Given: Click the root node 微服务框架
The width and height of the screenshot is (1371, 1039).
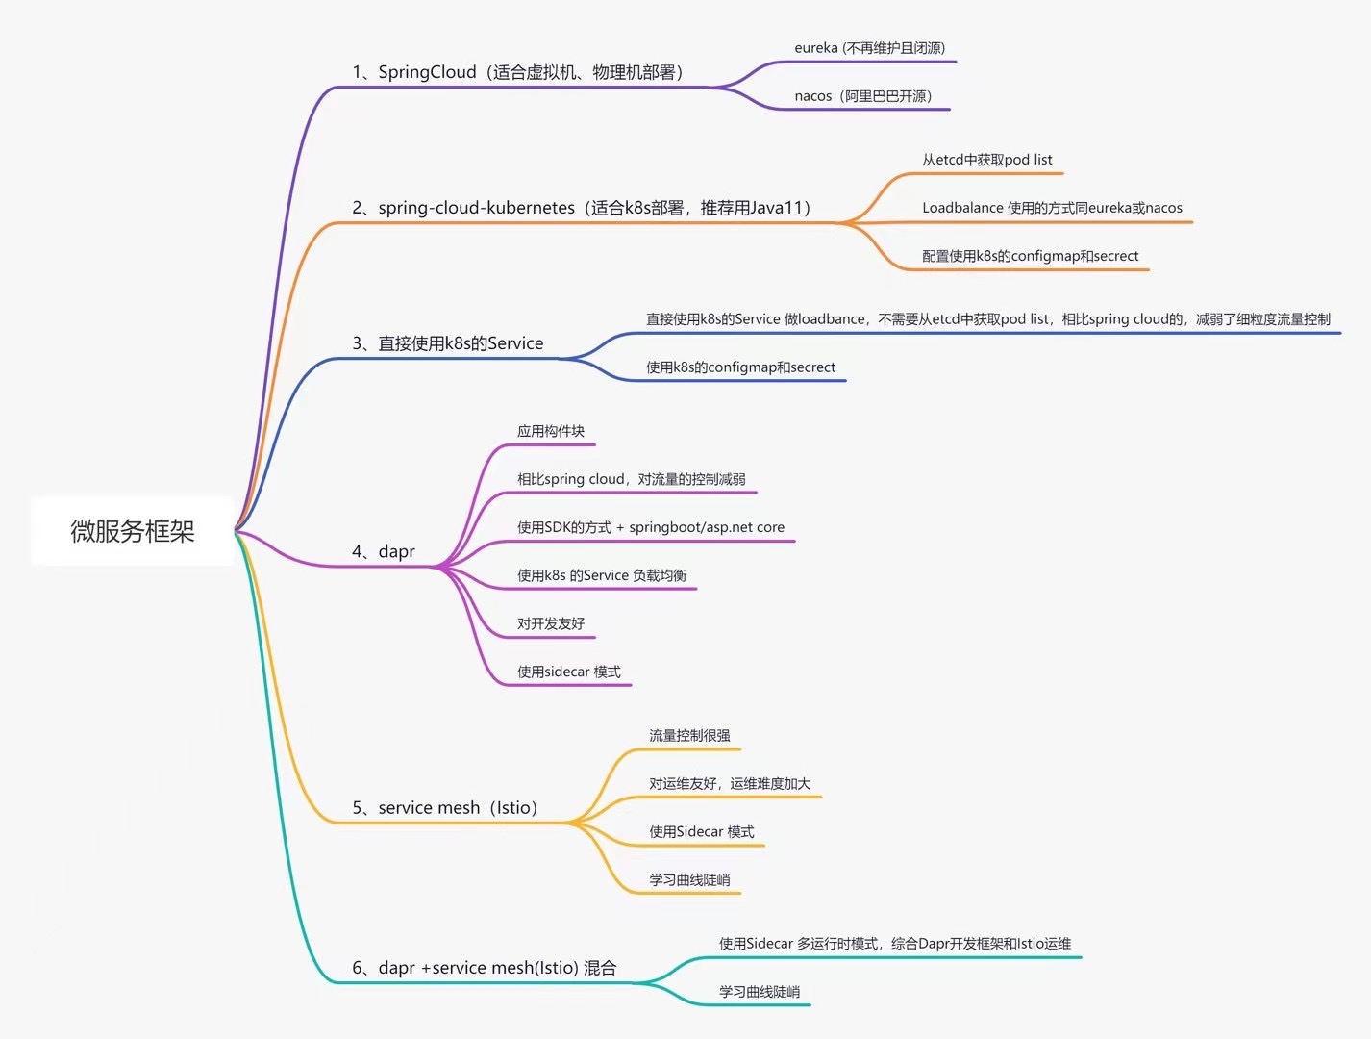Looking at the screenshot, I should click(x=133, y=531).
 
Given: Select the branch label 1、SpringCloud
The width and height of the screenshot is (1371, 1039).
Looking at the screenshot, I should click(x=414, y=72).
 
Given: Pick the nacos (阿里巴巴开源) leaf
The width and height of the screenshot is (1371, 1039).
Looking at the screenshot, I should click(x=862, y=96).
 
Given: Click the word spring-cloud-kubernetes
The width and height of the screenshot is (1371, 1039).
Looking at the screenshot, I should click(x=476, y=208).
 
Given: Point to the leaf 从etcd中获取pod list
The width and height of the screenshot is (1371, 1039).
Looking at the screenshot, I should click(x=986, y=160).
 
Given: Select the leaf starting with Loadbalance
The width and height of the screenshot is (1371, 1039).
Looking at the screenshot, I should click(x=1052, y=208).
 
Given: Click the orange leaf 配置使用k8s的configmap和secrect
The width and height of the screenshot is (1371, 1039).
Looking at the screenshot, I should click(x=1030, y=256).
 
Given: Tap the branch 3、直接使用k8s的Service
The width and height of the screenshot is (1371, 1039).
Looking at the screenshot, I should click(x=448, y=343).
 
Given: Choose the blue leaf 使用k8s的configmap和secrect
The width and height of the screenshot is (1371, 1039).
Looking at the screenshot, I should click(x=740, y=367).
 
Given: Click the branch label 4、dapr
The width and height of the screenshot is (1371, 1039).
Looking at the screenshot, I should click(x=384, y=551).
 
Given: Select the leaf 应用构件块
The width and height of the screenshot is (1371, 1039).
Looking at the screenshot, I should click(x=551, y=431).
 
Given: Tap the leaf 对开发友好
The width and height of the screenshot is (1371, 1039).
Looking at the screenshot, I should click(x=551, y=623).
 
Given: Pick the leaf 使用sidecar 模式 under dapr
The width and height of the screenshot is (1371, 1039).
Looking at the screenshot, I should click(x=569, y=672).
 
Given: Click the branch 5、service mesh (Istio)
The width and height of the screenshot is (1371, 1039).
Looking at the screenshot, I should click(x=444, y=808).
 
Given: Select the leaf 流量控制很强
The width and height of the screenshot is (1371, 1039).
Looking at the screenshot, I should click(x=689, y=736).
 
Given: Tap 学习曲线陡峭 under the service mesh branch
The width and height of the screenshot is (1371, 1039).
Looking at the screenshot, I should click(x=689, y=880).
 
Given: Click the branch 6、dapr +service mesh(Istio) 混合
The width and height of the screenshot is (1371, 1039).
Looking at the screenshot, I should click(x=484, y=968).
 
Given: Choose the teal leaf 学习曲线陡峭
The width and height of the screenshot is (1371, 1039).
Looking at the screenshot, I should click(x=760, y=992).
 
